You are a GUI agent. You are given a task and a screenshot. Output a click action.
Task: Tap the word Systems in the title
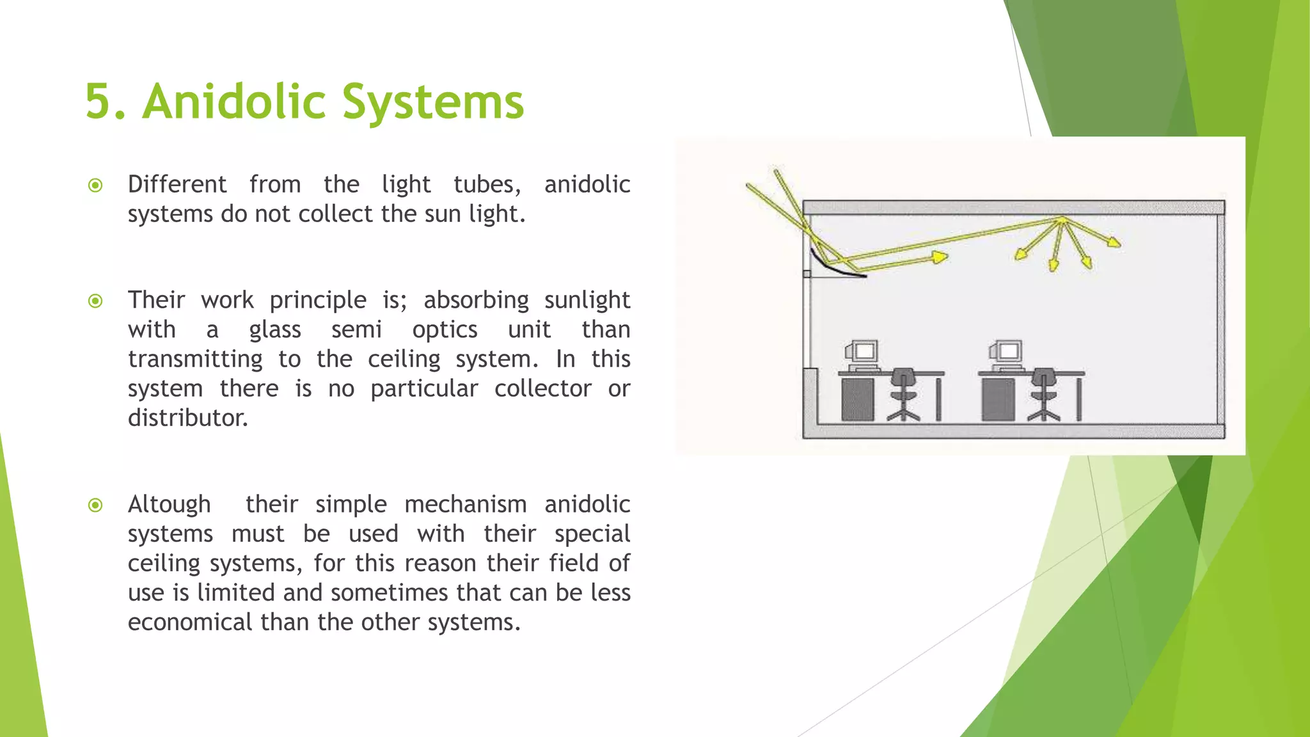[x=433, y=102]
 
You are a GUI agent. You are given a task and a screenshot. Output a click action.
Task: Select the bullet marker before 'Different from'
[x=95, y=186]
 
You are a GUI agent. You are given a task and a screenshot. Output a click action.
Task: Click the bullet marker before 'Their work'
[x=95, y=301]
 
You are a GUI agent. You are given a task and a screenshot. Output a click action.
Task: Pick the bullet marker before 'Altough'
[x=95, y=505]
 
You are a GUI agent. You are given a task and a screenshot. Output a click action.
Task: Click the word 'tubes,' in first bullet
[x=487, y=184]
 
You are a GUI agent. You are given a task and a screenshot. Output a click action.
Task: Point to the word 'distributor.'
[x=187, y=418]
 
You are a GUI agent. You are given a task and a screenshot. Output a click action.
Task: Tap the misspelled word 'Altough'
[x=169, y=504]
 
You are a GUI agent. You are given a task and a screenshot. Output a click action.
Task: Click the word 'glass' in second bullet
[x=275, y=329]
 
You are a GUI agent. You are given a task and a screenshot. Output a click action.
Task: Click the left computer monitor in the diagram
[x=862, y=353]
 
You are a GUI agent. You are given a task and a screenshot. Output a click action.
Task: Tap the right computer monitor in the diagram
[x=1006, y=353]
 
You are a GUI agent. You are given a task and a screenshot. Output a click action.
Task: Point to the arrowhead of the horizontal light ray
[x=939, y=257]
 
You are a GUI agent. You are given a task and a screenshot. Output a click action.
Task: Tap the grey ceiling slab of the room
[x=1013, y=207]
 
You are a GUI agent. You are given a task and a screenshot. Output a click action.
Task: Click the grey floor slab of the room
[x=1013, y=431]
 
